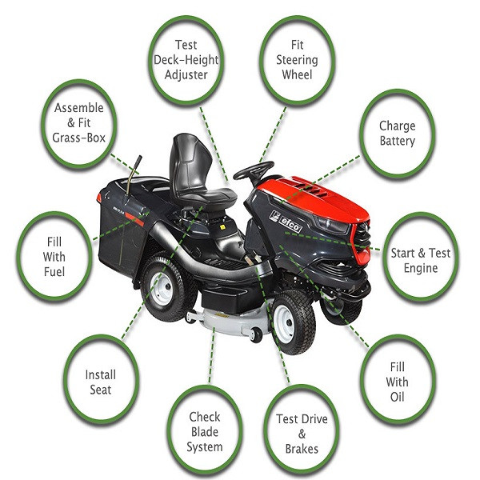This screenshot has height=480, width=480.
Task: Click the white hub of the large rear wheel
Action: point(162,288)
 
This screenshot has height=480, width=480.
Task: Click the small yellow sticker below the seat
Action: point(222,227)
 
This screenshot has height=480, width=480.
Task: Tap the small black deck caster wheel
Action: point(256,335)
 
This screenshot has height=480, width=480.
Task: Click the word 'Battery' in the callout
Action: point(397,141)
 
